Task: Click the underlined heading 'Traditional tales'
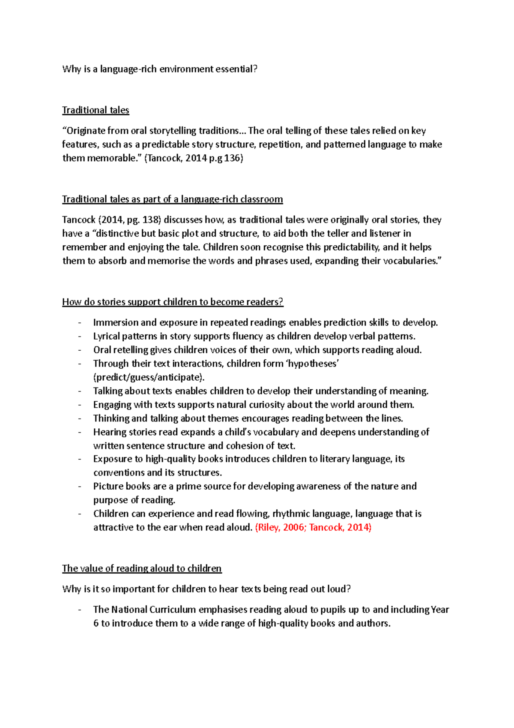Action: tap(96, 110)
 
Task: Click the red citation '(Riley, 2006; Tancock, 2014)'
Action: tap(313, 527)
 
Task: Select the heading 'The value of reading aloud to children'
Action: tap(142, 569)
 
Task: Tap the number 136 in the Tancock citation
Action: tap(232, 158)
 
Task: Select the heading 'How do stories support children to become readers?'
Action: tap(173, 302)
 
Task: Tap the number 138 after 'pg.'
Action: tap(151, 220)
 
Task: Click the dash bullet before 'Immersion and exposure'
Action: tap(80, 322)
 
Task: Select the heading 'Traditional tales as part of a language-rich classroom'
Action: tap(172, 199)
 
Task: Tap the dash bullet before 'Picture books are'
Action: tap(80, 486)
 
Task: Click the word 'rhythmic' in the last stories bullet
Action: tap(291, 514)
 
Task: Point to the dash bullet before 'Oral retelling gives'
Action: tap(80, 350)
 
